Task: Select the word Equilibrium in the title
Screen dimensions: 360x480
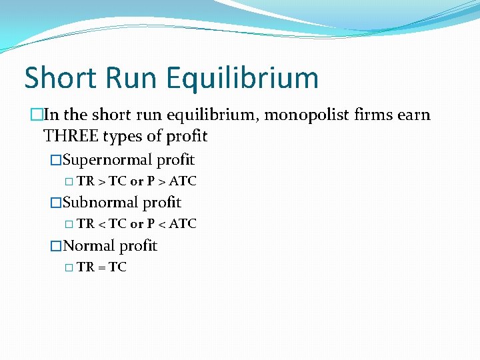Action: point(243,78)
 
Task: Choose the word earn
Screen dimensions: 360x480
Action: point(415,115)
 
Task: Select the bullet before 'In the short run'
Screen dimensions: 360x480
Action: point(36,115)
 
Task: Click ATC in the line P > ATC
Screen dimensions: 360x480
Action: point(183,181)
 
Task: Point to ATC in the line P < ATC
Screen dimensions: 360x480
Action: point(183,224)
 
